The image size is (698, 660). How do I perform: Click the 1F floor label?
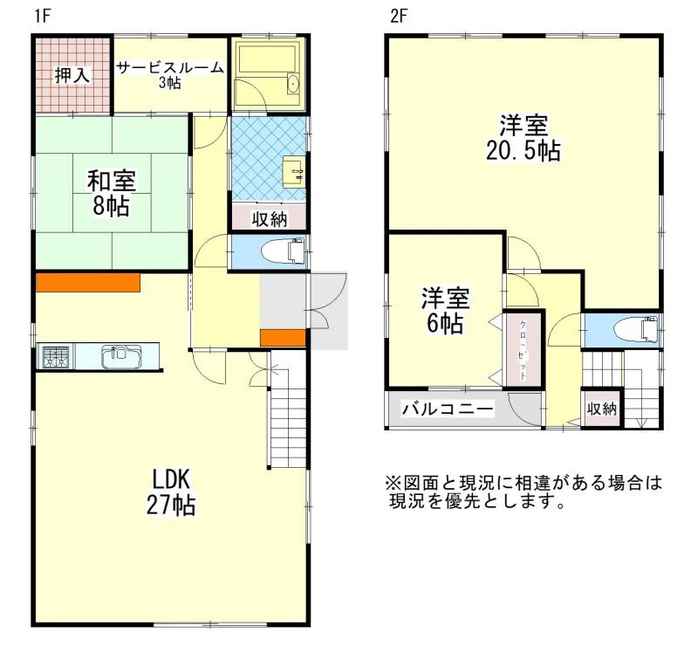coord(43,16)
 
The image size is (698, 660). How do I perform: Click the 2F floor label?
coord(399,16)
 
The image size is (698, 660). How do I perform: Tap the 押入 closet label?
coord(72,75)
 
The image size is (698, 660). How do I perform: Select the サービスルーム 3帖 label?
coord(169,75)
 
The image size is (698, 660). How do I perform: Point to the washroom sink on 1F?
coord(294,171)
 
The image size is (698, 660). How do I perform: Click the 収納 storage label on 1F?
coord(270,218)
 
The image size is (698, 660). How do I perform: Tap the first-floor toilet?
coord(284,252)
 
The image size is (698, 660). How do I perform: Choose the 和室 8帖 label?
coord(112,193)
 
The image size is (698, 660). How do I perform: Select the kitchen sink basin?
coord(121,357)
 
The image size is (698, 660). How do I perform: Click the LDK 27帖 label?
coord(171,492)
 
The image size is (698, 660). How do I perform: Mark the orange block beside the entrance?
coord(283,338)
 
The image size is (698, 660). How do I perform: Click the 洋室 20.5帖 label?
coord(523,138)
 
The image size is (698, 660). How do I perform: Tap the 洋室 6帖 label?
coord(445,311)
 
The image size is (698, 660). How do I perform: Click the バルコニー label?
coord(448,409)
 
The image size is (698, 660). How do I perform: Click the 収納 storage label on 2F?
coord(602,409)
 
